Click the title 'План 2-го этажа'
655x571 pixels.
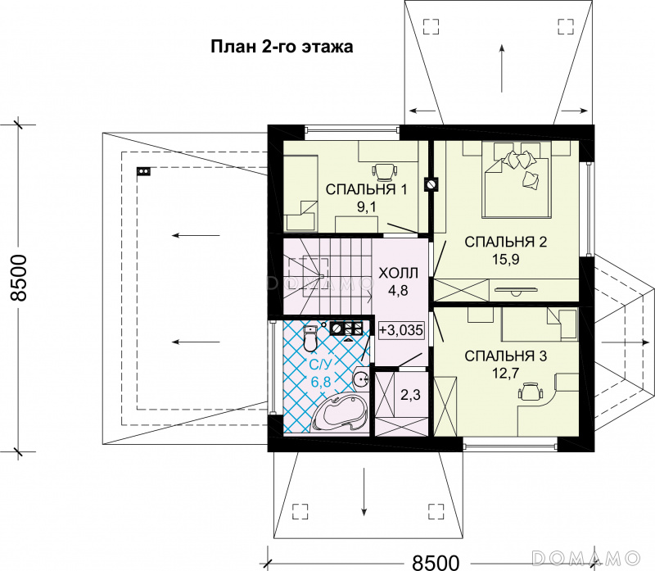[282, 47]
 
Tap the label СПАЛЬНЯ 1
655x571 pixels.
[366, 190]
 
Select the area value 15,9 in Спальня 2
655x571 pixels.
[504, 259]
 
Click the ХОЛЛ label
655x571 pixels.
[399, 272]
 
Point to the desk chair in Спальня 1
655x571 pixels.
[383, 170]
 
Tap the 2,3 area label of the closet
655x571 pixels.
[409, 395]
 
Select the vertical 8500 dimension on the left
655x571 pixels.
[19, 279]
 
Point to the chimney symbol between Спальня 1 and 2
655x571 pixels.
[431, 184]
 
